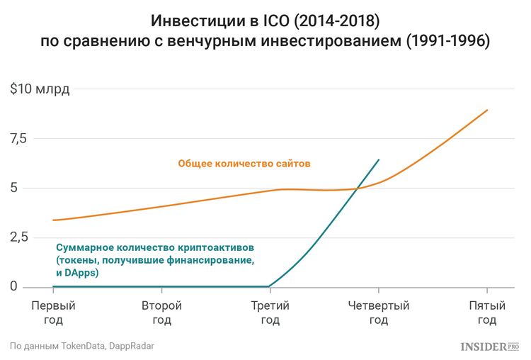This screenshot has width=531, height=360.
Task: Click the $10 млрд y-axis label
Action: (x=40, y=90)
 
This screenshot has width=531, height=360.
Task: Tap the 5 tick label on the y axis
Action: (x=13, y=189)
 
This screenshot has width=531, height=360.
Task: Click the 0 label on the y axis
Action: (x=13, y=286)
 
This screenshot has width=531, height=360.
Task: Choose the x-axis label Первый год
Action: (x=53, y=313)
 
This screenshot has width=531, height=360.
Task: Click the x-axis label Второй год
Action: (x=161, y=313)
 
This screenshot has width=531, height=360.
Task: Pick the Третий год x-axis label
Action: (x=270, y=313)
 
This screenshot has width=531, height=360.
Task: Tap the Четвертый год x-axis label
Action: (x=379, y=313)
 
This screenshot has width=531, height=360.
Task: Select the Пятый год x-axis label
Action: (x=487, y=313)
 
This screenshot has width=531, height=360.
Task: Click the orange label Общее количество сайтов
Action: (x=244, y=163)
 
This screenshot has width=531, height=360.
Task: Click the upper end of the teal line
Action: (x=379, y=159)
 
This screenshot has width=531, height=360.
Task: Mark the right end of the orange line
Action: (x=488, y=110)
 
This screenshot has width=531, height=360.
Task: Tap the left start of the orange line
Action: (x=53, y=220)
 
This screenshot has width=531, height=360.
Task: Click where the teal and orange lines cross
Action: (x=358, y=188)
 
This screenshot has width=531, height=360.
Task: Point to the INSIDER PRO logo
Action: (x=489, y=347)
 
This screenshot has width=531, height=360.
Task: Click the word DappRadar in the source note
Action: (x=132, y=347)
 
